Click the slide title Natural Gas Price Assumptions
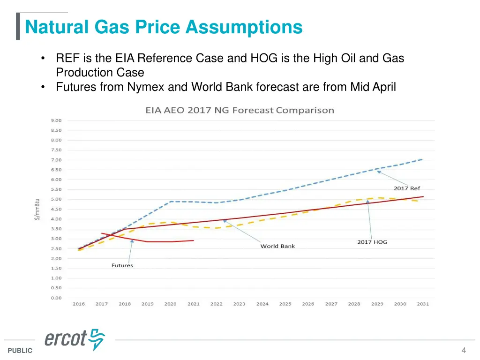tap(164, 27)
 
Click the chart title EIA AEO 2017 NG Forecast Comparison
tap(240, 111)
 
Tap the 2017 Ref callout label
tap(406, 188)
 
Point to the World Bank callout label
tap(277, 246)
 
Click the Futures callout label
tap(122, 265)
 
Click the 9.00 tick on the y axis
tap(56, 120)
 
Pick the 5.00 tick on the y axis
tap(56, 199)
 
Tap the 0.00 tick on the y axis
tap(56, 298)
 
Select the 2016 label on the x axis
tap(79, 304)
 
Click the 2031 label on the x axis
tap(423, 304)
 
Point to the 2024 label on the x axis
tap(262, 304)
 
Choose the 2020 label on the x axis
tap(170, 304)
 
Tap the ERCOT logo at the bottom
tap(75, 339)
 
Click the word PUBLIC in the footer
tap(20, 351)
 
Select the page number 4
tap(464, 350)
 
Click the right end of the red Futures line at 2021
tap(194, 240)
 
